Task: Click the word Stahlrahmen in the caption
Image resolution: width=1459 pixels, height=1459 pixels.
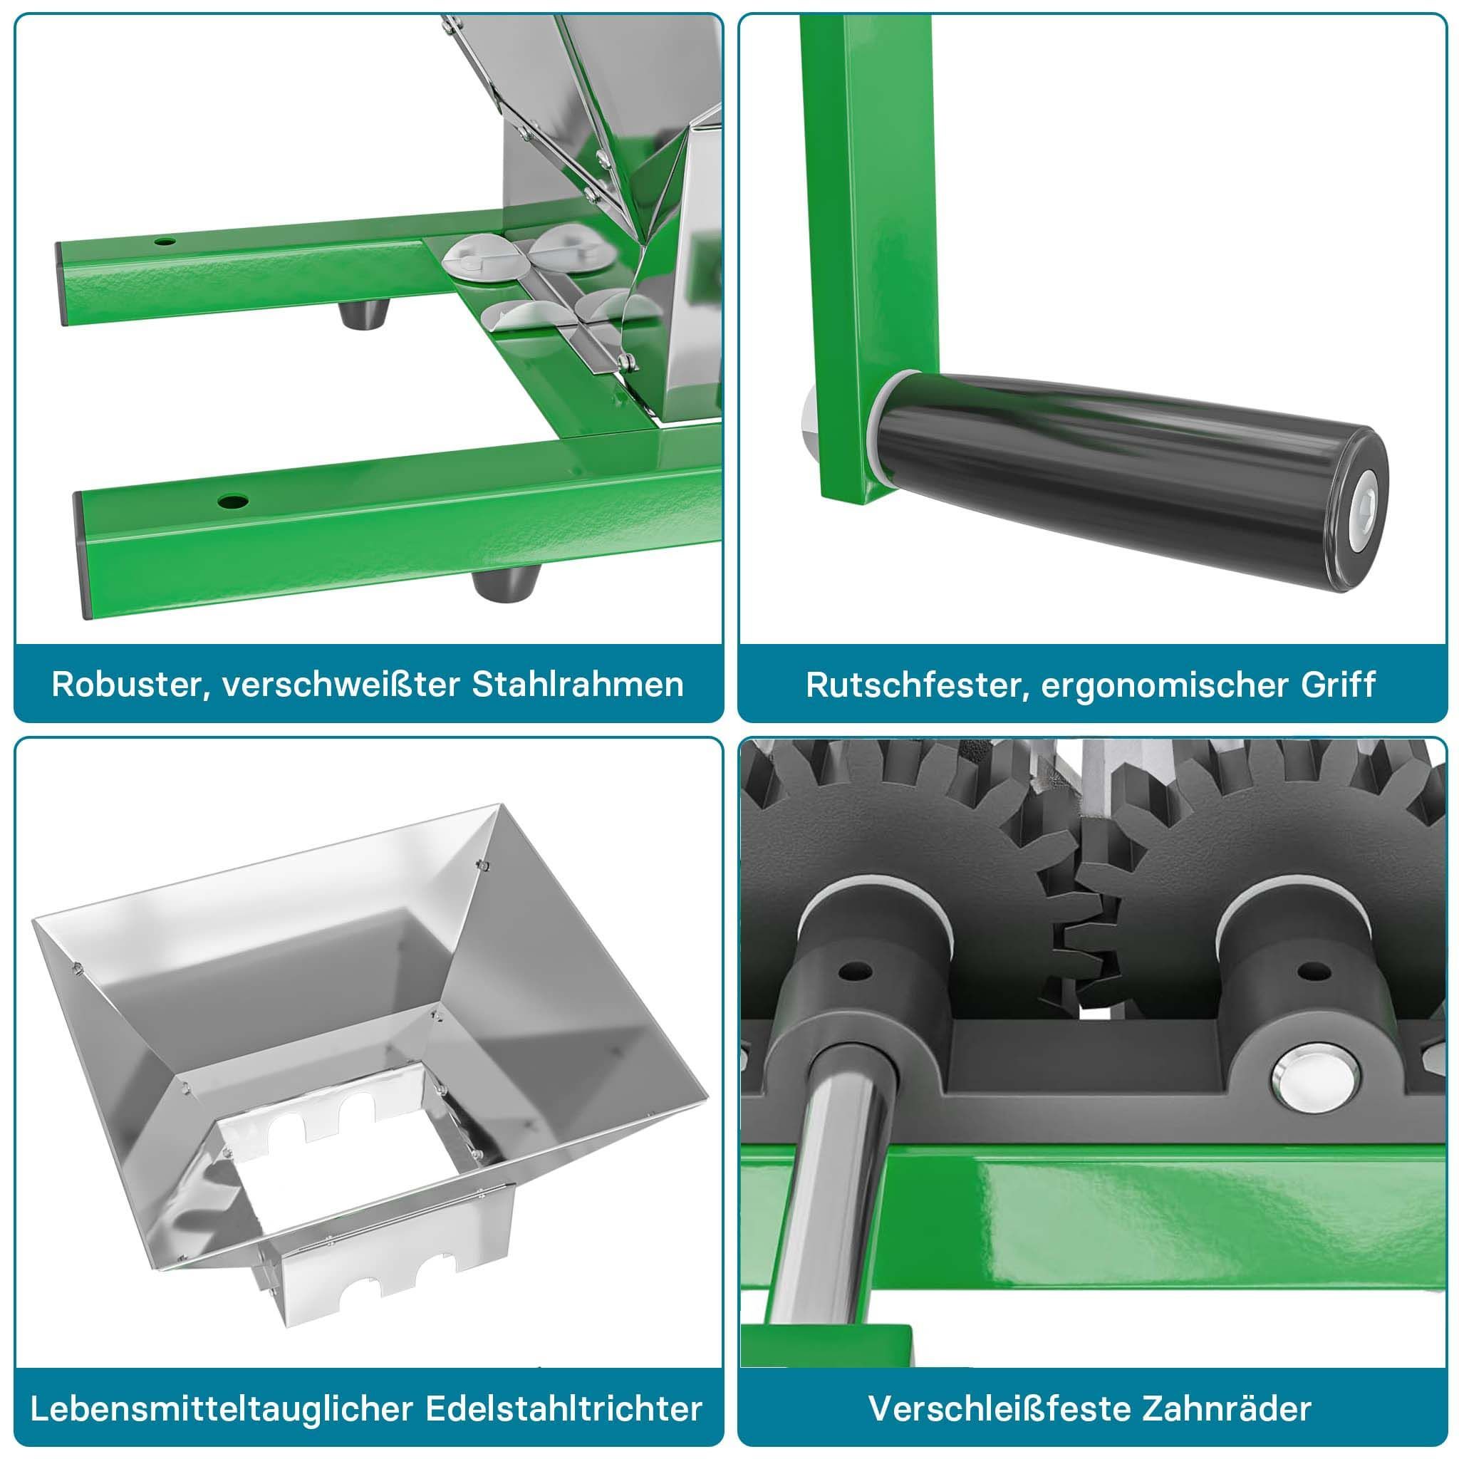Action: pos(577,684)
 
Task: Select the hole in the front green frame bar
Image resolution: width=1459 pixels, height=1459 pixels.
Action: pos(232,501)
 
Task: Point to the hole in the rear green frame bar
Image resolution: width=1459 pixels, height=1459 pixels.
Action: pos(165,242)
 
